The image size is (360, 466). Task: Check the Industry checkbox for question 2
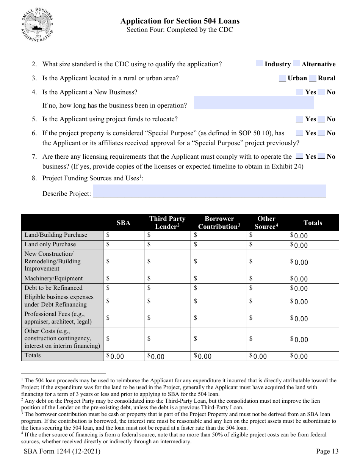tap(259, 64)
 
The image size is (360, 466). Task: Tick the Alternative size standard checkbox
tap(297, 64)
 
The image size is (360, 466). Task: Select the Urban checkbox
tap(282, 78)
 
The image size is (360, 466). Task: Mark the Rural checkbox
tap(313, 78)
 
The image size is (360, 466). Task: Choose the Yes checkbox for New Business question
tap(299, 92)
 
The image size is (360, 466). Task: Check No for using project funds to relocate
tap(321, 119)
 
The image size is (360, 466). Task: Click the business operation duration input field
tap(254, 103)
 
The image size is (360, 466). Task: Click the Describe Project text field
tap(209, 191)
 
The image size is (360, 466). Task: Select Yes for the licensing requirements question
tap(299, 156)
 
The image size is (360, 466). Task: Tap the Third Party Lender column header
tap(167, 223)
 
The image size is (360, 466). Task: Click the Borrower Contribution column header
tap(219, 223)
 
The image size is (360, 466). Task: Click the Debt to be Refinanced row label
tap(53, 288)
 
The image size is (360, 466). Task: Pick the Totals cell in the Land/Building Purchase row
tap(313, 235)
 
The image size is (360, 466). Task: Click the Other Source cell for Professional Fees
tap(267, 319)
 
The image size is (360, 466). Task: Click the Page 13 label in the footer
tap(327, 451)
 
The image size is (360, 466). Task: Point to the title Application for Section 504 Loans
tap(180, 21)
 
